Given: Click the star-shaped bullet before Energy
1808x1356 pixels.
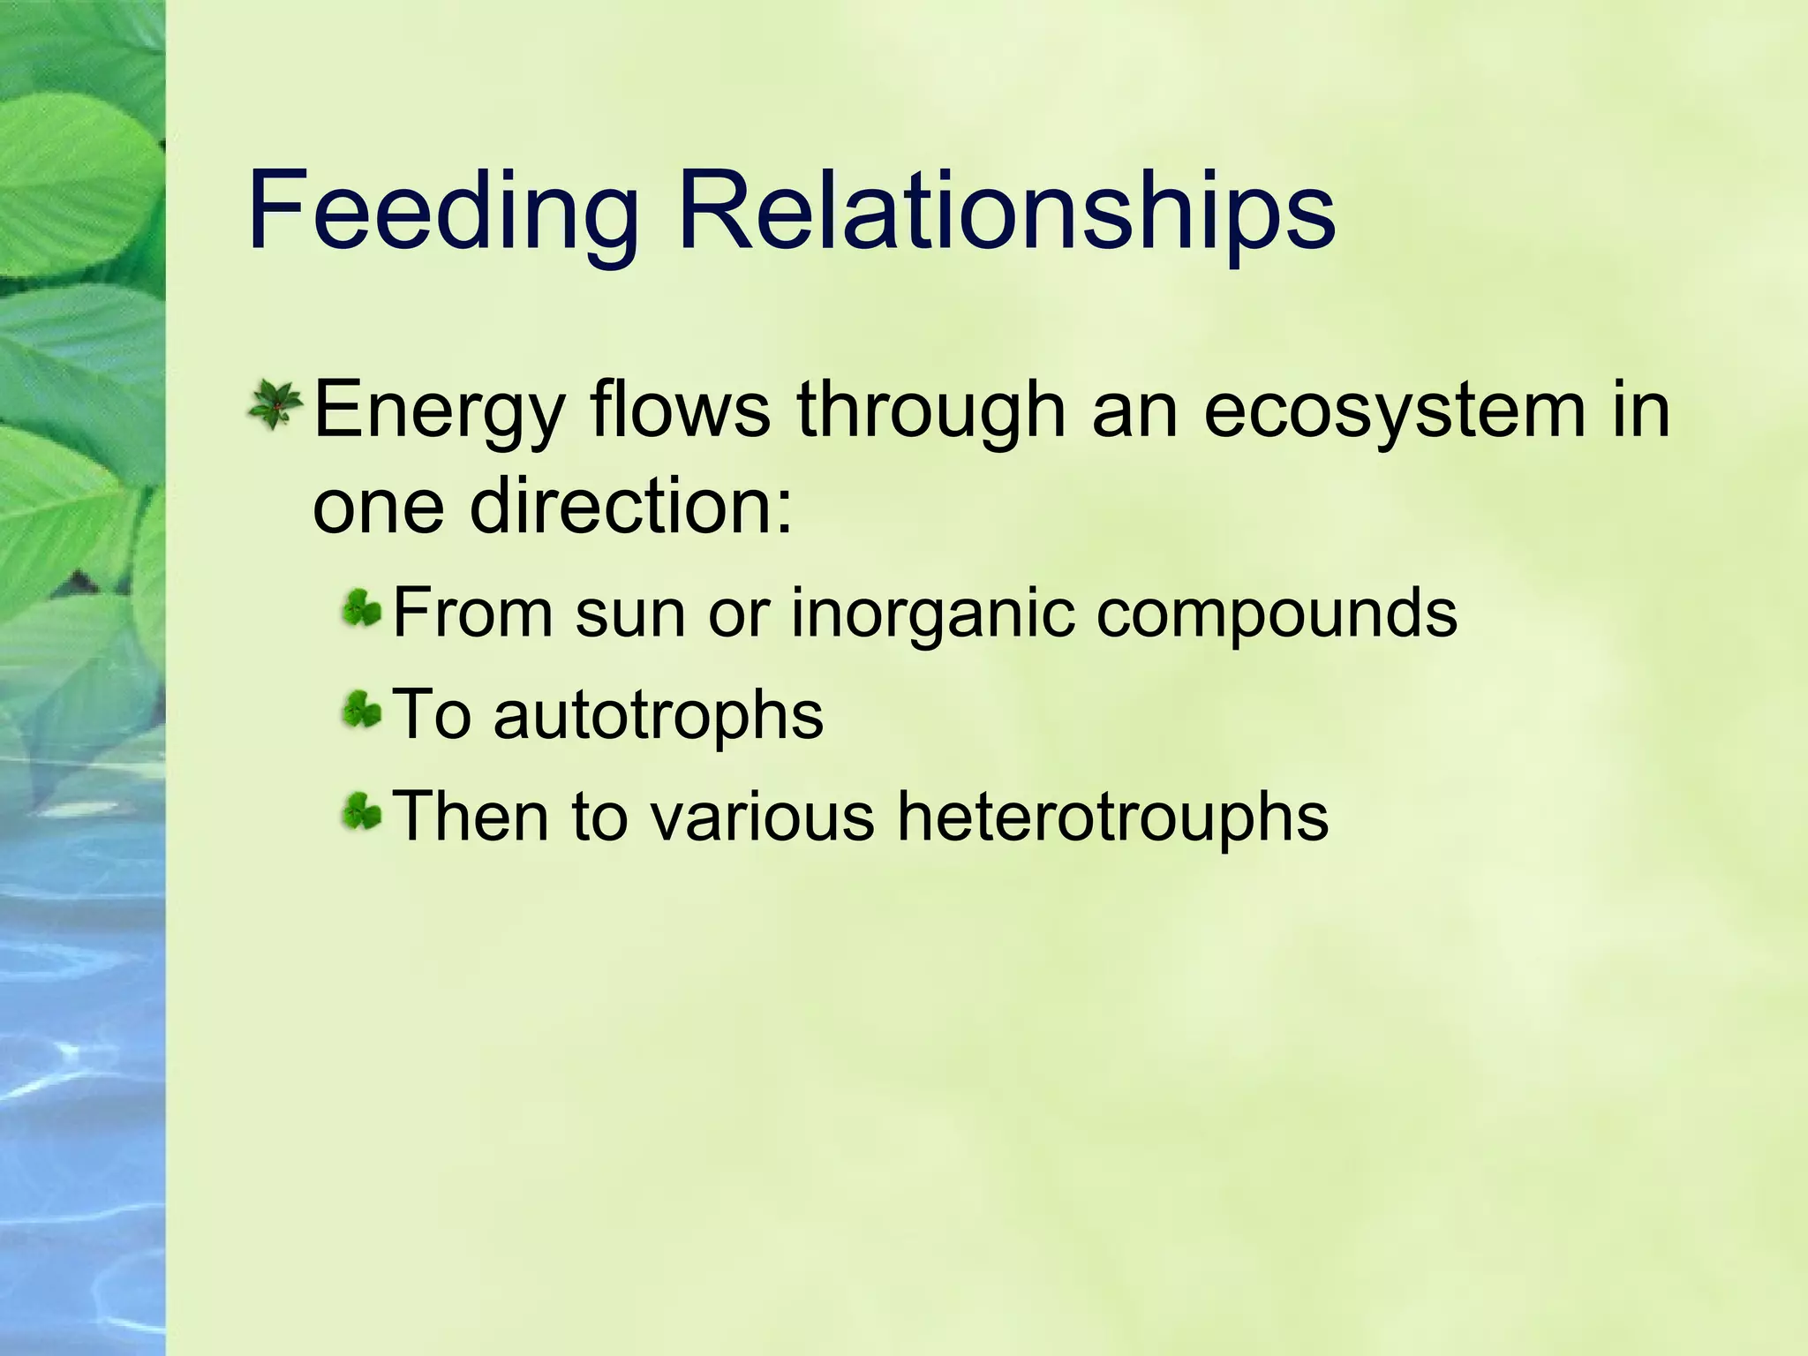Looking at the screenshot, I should pos(276,406).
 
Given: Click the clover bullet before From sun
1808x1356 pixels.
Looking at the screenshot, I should pos(362,609).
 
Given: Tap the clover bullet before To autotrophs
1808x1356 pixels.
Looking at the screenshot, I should pos(362,710).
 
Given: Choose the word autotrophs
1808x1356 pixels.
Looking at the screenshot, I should pos(658,715).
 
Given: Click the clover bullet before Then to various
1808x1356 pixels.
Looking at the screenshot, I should pos(362,810).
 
